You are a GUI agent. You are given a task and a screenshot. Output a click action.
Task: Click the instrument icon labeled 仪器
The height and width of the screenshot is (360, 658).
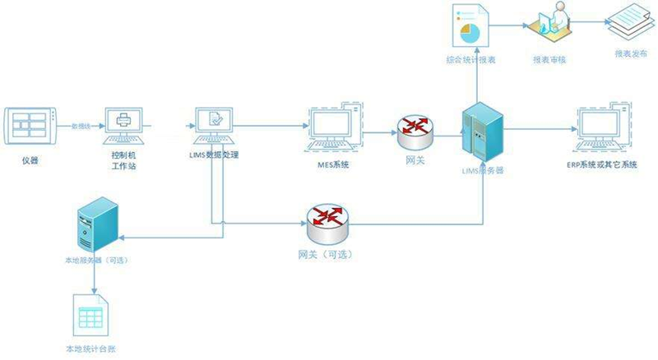(x=30, y=126)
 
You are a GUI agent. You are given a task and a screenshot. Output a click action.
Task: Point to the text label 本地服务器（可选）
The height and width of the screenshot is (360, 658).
(x=96, y=261)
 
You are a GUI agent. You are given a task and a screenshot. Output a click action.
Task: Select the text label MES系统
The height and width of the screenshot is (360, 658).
(x=333, y=165)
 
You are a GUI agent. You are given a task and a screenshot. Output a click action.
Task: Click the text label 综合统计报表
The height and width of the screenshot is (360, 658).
(x=470, y=60)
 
